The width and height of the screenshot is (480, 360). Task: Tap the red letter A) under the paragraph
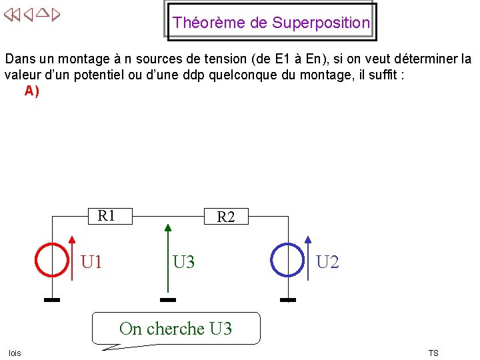31,91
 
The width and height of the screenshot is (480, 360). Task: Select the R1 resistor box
107,216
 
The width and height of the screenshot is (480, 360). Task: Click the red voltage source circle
52,259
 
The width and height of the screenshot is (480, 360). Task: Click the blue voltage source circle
287,259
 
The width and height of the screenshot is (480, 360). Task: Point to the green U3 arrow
168,260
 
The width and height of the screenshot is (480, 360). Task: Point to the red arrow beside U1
72,260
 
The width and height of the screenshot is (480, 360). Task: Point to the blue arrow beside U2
307,260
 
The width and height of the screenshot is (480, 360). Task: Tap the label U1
91,262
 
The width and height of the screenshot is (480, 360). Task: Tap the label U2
327,262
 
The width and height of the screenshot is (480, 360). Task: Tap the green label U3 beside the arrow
184,262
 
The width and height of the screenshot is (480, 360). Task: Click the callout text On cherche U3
175,329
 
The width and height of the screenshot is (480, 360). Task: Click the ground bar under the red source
52,300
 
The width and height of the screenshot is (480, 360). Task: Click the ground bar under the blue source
287,300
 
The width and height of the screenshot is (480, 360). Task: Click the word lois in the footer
15,353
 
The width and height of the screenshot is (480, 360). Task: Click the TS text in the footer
433,353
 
